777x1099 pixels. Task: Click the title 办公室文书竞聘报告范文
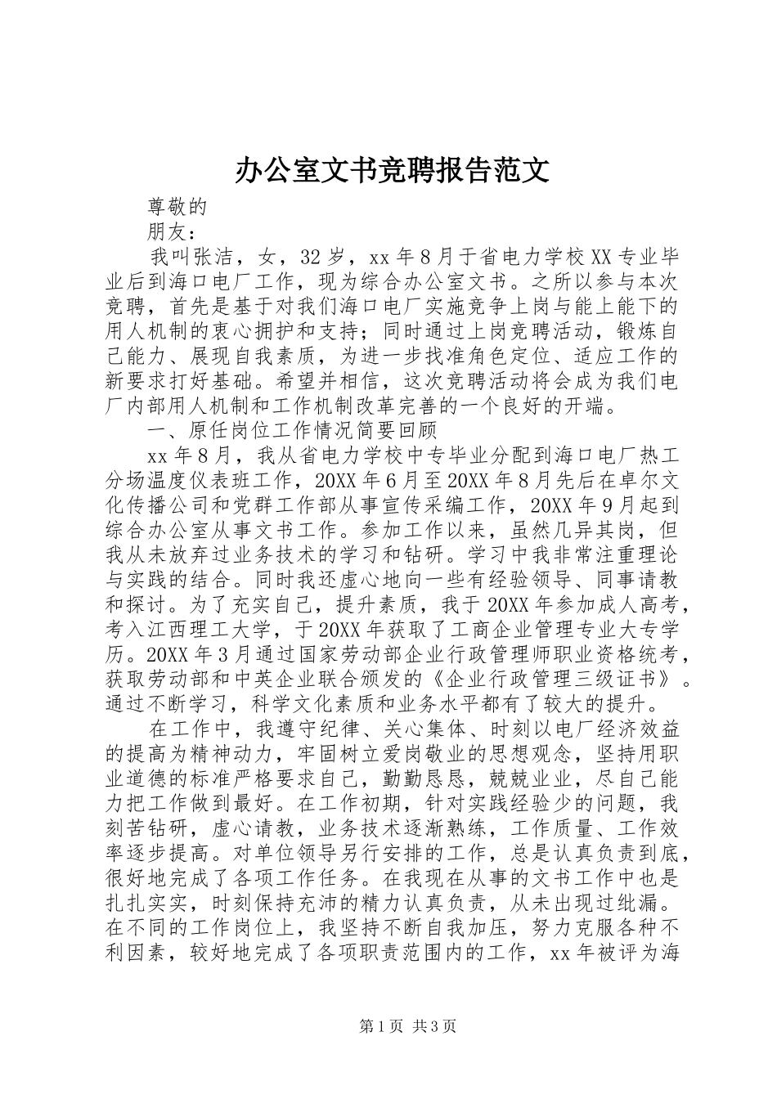pyautogui.click(x=392, y=169)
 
